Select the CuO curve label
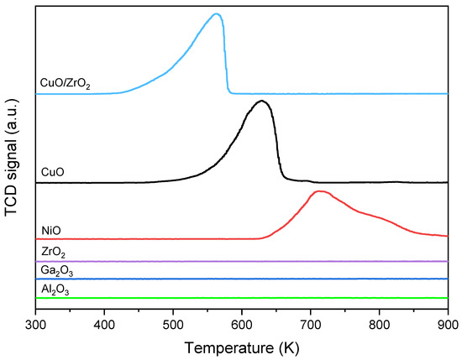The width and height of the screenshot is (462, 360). (x=53, y=172)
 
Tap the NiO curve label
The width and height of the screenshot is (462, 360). (x=51, y=228)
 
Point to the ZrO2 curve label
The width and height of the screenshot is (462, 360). (x=53, y=251)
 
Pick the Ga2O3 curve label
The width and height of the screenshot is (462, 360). (x=56, y=269)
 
